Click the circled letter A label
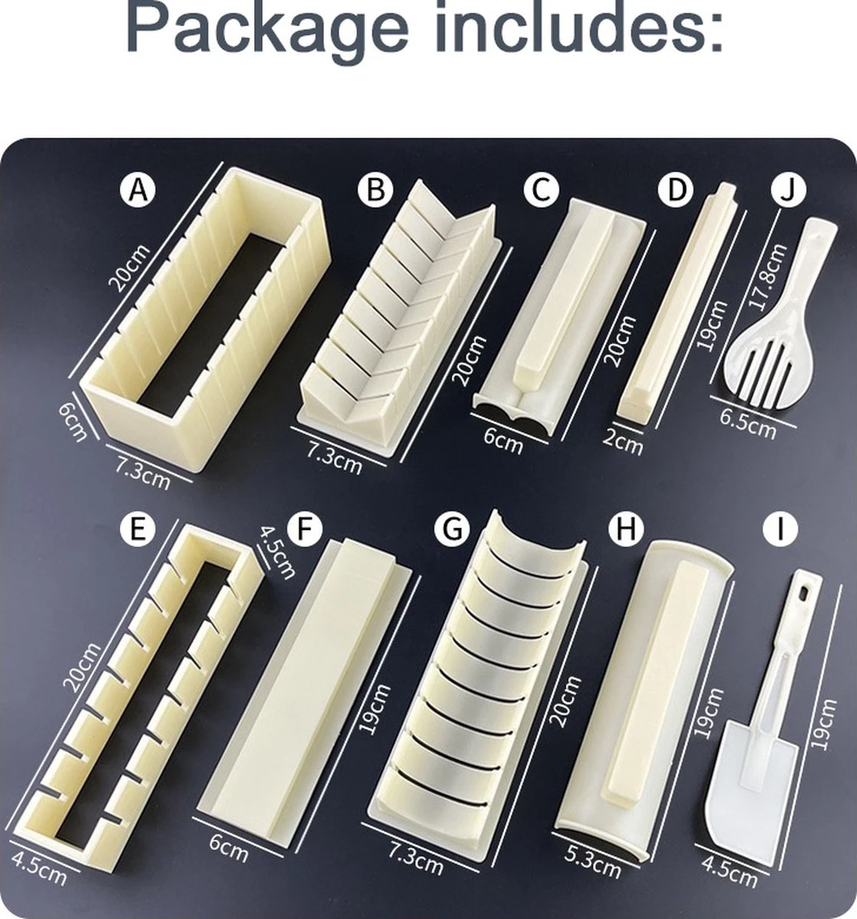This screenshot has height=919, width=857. coord(138,190)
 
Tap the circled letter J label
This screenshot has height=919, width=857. coord(788,190)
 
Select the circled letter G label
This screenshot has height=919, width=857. coord(452,528)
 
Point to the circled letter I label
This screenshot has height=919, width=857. coord(780,528)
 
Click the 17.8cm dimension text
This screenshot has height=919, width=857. coord(767,276)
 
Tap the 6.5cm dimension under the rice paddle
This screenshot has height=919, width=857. coord(748,424)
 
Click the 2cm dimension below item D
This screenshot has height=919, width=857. coord(623,443)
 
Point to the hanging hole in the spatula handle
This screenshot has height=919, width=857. coord(803,594)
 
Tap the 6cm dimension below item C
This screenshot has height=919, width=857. coord(503,440)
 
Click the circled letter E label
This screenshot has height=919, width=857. coord(138,528)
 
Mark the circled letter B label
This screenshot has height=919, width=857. coord(375,190)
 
